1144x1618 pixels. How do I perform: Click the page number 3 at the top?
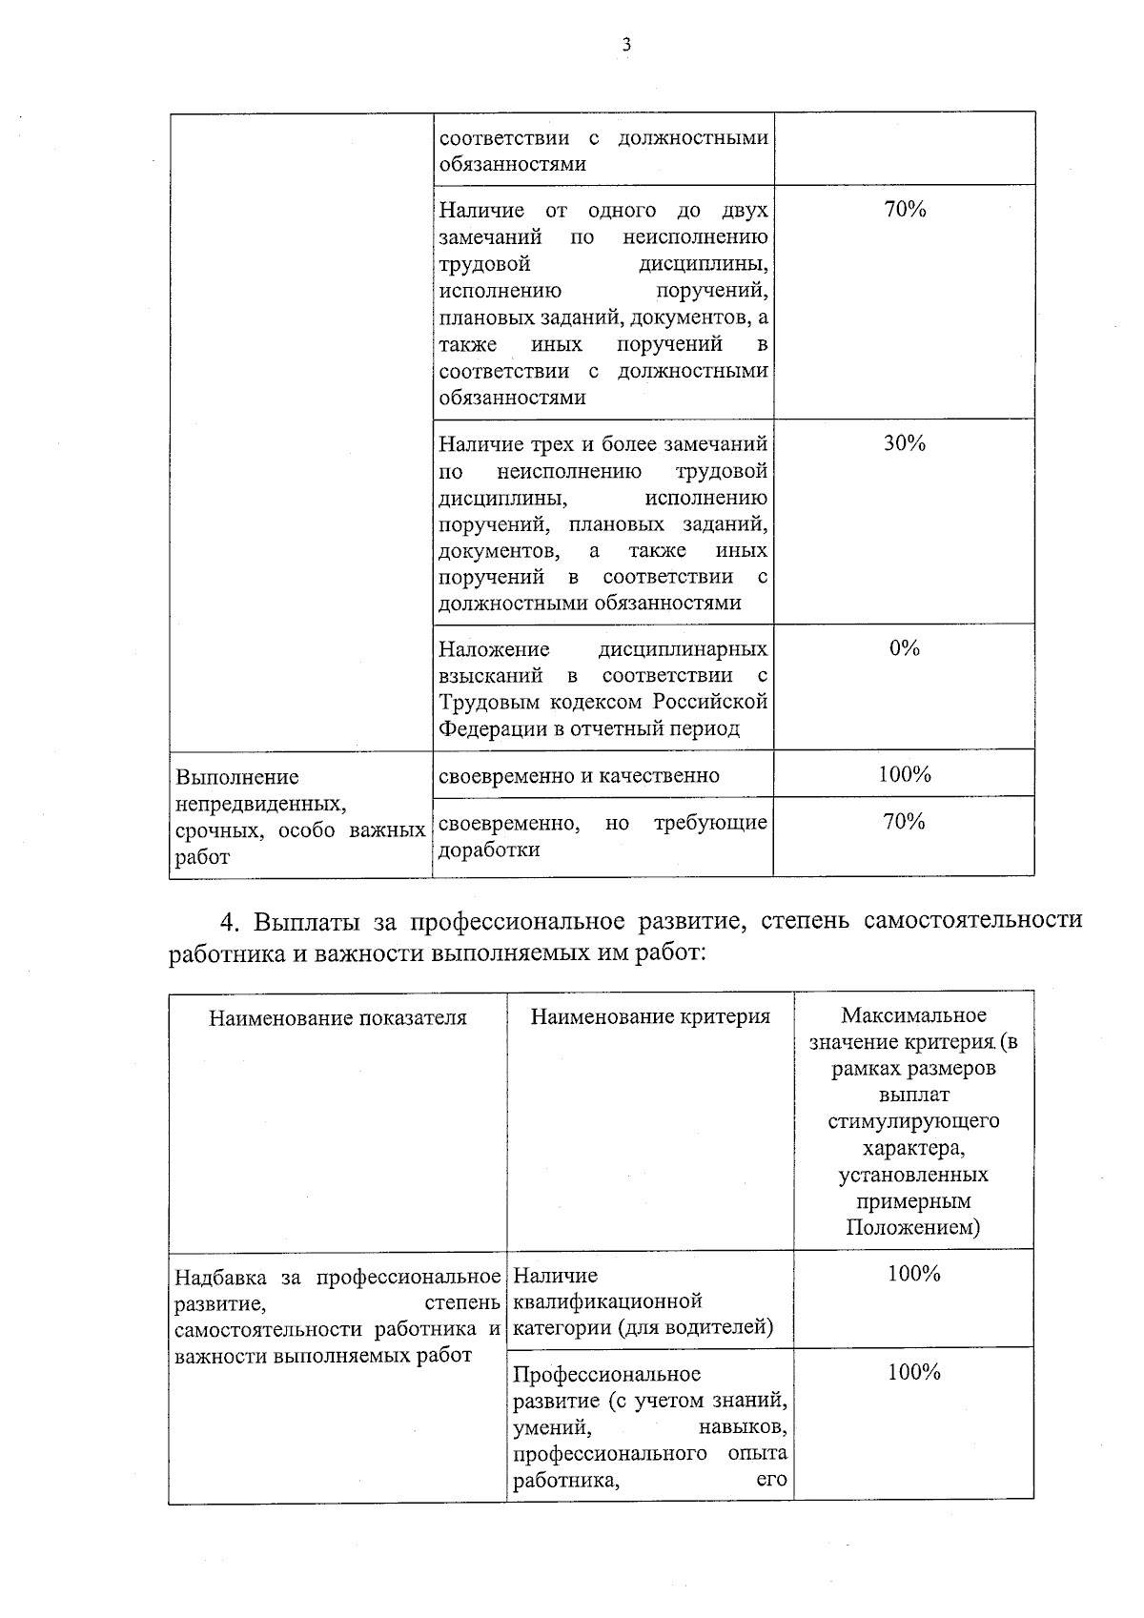pos(626,44)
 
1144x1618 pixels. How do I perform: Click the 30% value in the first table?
pos(904,443)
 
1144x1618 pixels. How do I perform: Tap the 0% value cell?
pos(904,648)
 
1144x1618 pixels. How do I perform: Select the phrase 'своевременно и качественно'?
pos(579,776)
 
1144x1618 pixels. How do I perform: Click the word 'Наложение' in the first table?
pos(494,650)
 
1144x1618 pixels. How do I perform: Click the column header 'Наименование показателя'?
pos(337,1017)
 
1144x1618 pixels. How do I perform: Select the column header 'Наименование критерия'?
pos(650,1016)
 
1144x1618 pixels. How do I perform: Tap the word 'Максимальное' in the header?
pos(913,1015)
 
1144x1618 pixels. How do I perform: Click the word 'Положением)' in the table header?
pos(913,1227)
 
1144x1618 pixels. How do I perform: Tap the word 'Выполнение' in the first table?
pos(237,777)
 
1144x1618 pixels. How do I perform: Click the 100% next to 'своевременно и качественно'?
pos(904,774)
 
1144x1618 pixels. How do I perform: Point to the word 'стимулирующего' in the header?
pos(913,1121)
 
